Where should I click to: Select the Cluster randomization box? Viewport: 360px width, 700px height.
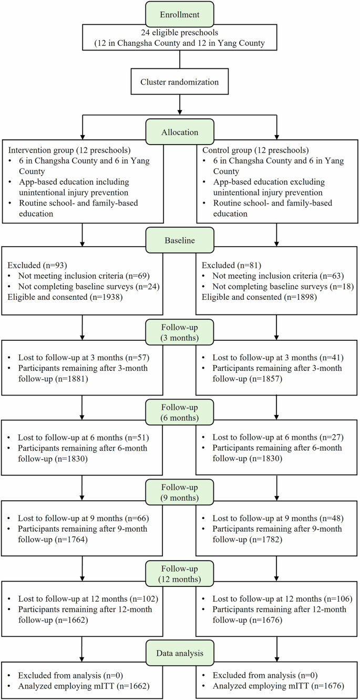click(180, 82)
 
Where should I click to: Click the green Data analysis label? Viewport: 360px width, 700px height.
click(180, 652)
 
